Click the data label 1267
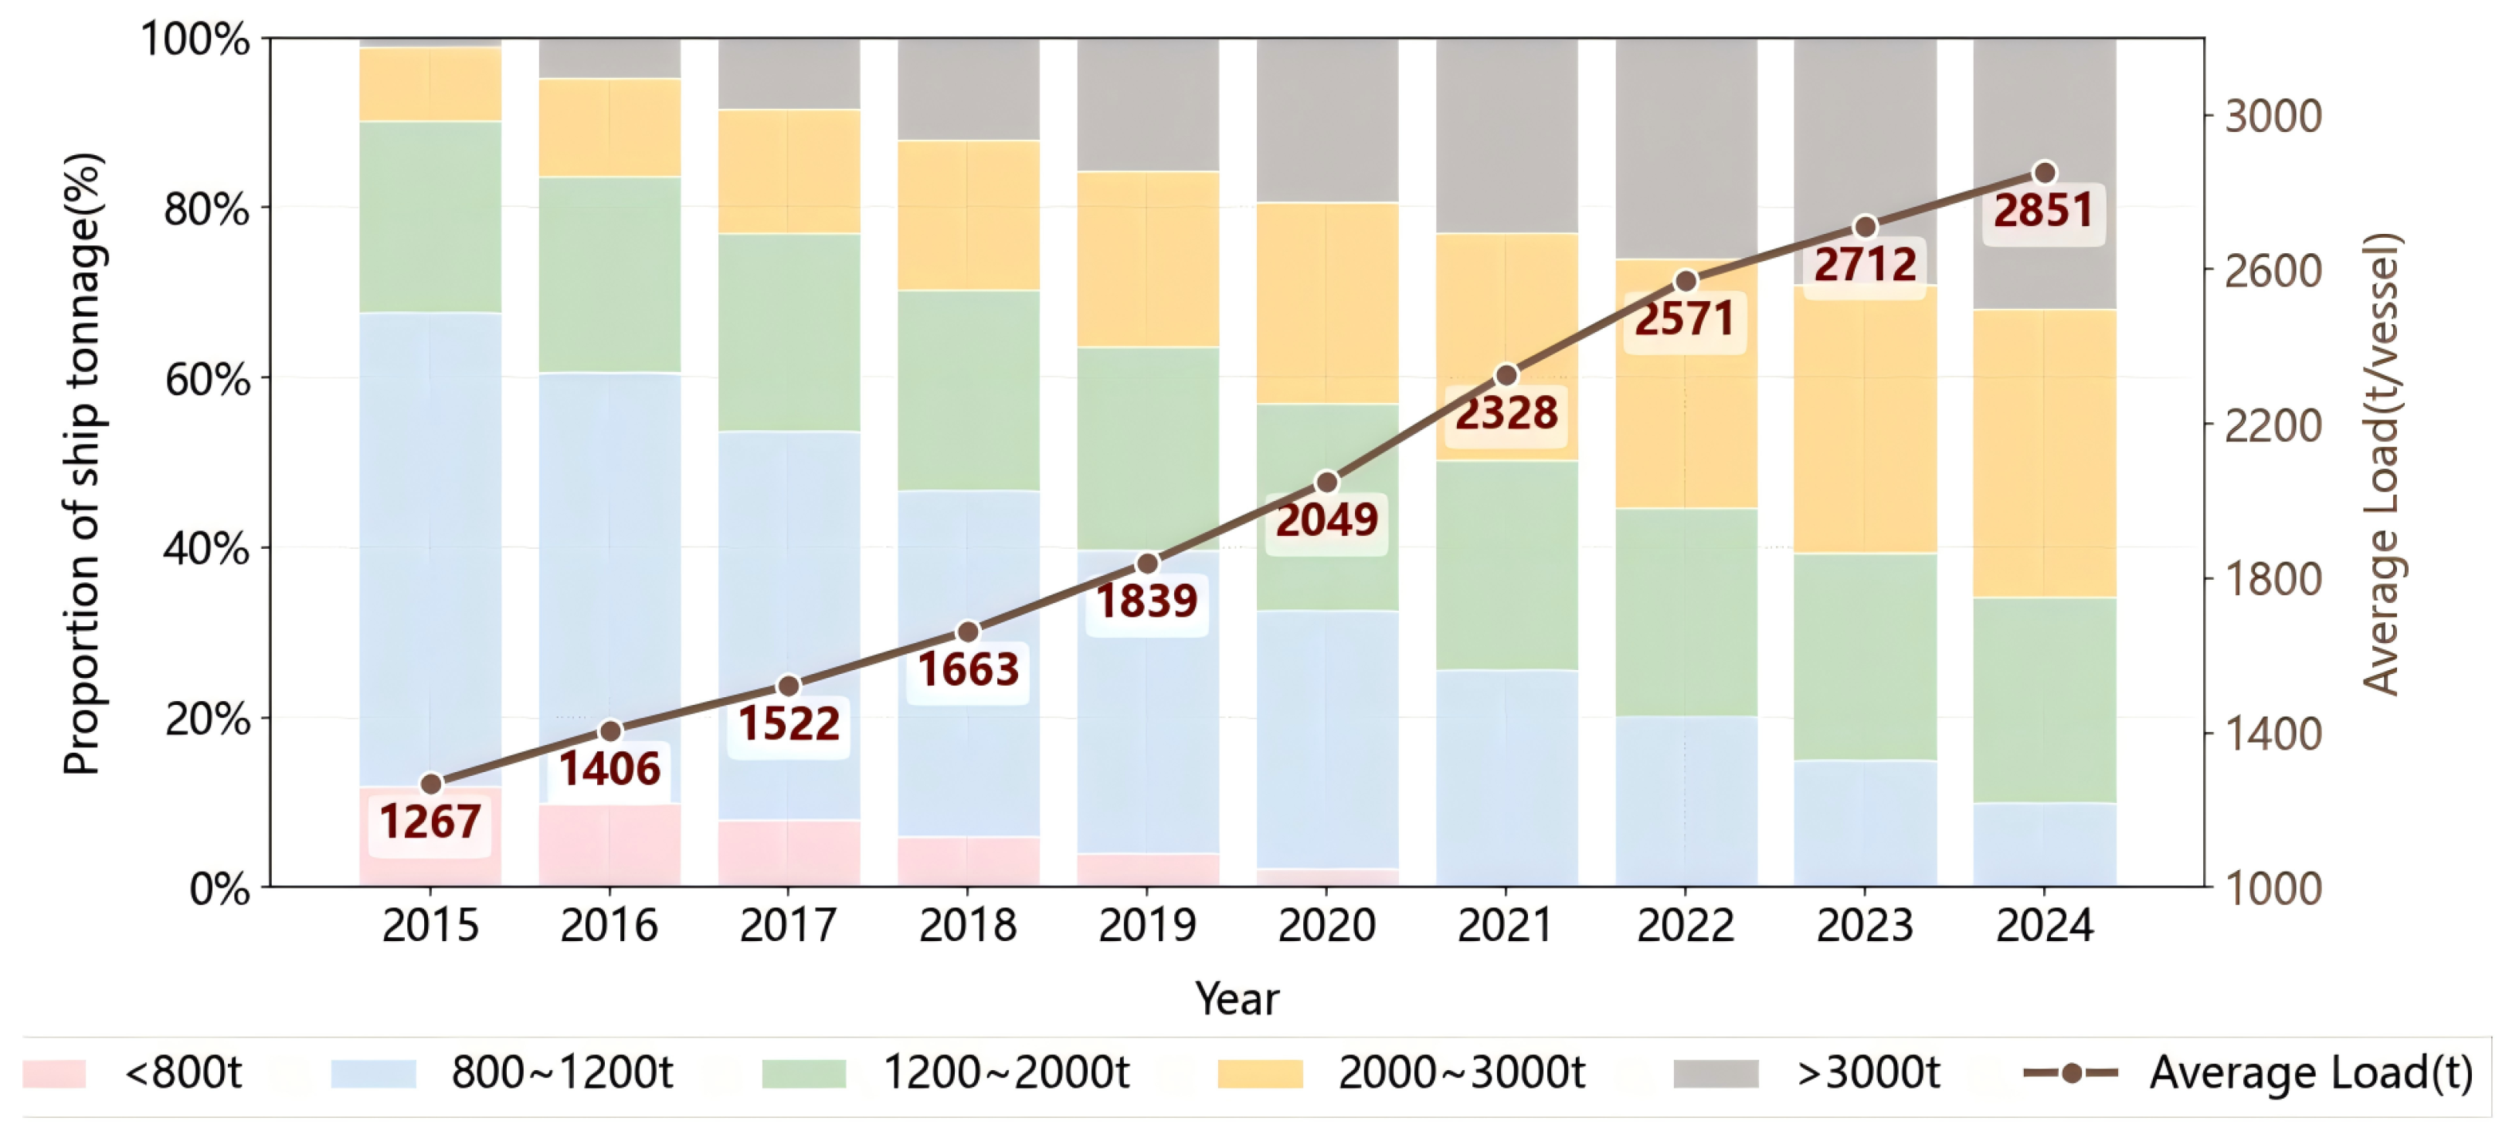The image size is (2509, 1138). tap(429, 822)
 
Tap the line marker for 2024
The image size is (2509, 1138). tap(2045, 173)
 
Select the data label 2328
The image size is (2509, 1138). tap(1506, 414)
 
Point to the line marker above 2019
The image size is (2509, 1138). tap(1147, 564)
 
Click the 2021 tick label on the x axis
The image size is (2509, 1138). tap(1505, 926)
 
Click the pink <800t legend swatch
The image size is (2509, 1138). tap(55, 1074)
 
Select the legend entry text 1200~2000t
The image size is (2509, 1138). tap(1005, 1074)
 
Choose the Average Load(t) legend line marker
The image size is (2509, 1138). tap(2071, 1074)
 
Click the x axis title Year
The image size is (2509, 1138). tap(1236, 1000)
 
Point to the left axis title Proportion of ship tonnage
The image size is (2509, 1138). tap(82, 463)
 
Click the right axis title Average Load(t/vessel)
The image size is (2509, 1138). tap(2381, 463)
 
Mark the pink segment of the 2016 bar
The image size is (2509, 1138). tap(609, 845)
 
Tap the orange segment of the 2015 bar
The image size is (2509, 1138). tap(429, 85)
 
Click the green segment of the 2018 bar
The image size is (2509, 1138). tap(968, 389)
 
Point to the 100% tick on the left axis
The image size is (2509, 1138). tap(195, 41)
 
